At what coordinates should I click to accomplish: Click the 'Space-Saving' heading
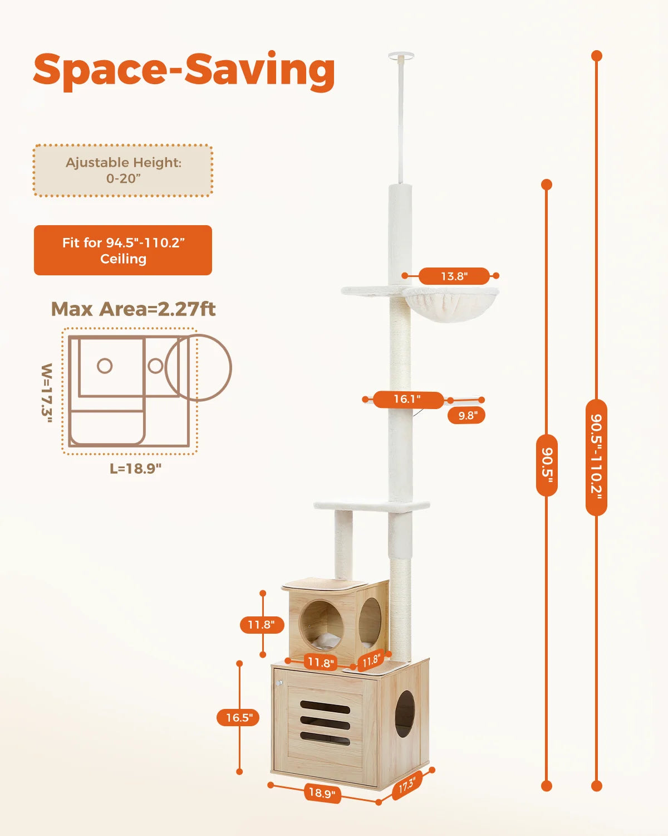click(x=184, y=70)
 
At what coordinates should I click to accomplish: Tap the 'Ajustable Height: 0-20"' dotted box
click(x=123, y=171)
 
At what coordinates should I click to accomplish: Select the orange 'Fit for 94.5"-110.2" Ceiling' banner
click(x=123, y=250)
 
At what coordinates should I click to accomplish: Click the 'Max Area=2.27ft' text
click(x=133, y=309)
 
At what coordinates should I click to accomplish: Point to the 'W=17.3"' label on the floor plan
click(x=47, y=393)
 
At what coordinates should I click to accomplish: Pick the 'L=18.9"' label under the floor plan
click(x=135, y=468)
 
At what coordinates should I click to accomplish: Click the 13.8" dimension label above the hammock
click(x=454, y=276)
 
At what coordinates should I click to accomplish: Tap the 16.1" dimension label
click(x=407, y=400)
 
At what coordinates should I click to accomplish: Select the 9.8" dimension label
click(x=466, y=415)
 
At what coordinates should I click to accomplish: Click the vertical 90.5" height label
click(x=547, y=464)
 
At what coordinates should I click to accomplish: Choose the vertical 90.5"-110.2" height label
click(x=596, y=457)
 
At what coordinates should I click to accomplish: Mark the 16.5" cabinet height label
click(x=238, y=718)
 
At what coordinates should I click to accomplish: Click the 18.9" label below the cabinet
click(x=321, y=793)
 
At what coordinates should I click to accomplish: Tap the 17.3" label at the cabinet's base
click(x=406, y=785)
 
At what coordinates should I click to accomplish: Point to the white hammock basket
click(x=450, y=307)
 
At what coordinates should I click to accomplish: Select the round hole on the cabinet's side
click(x=405, y=714)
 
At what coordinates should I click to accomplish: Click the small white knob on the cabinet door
click(x=279, y=683)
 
